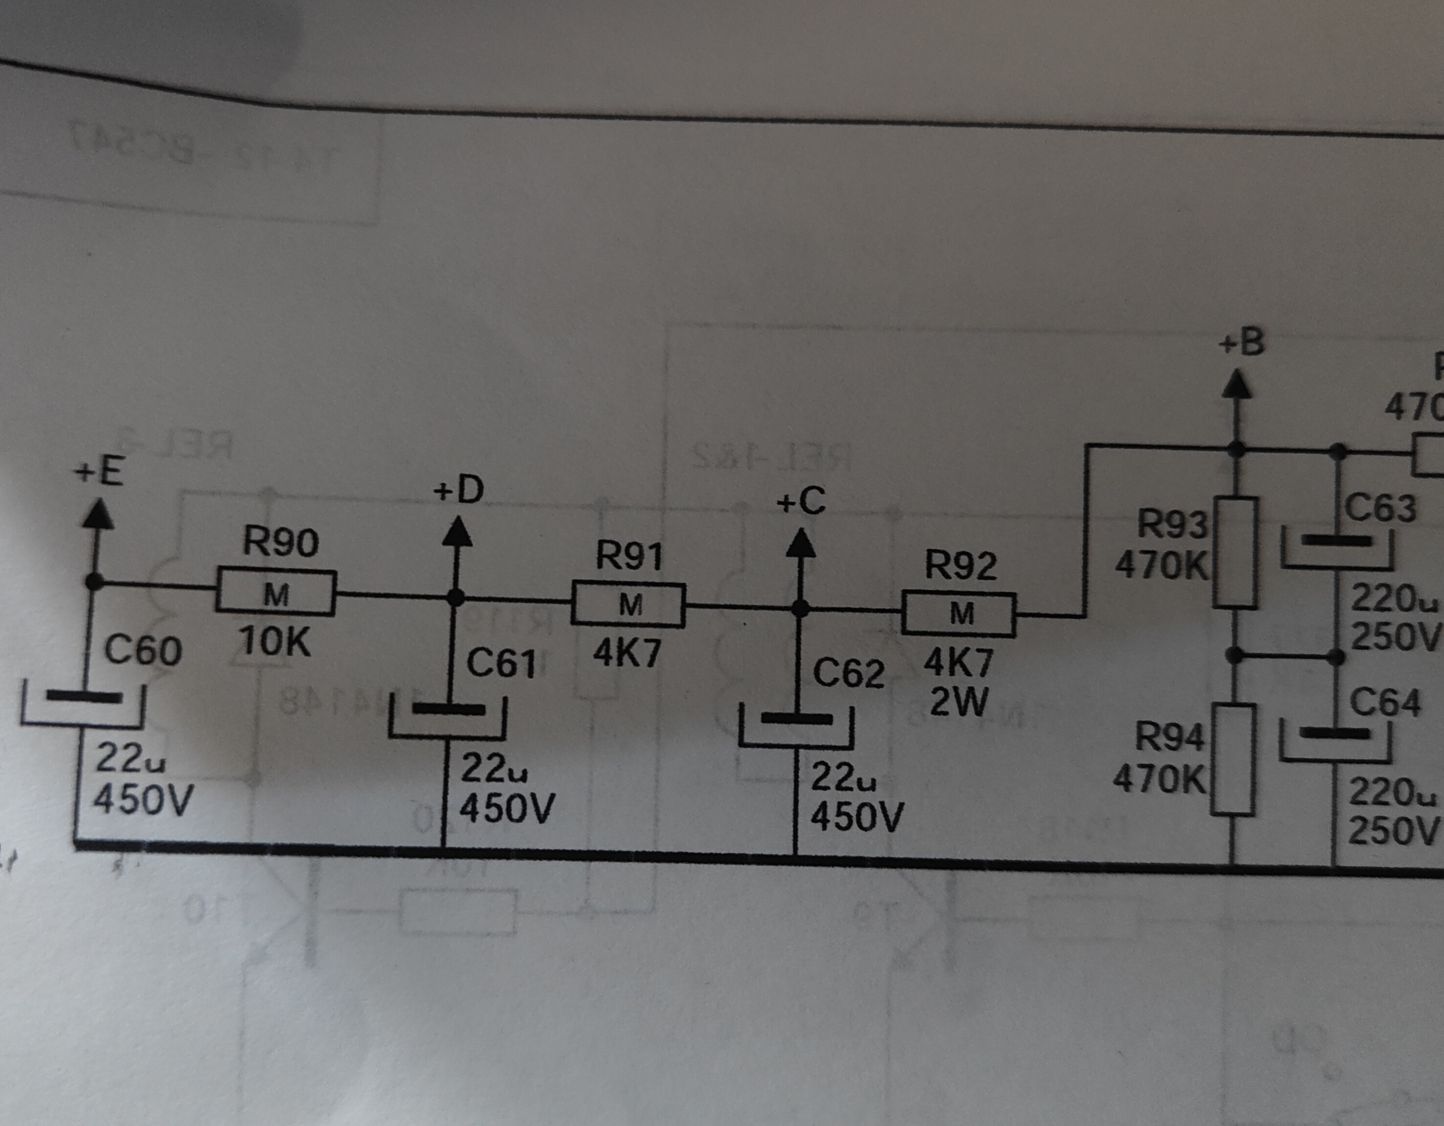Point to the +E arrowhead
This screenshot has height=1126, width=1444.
pos(97,514)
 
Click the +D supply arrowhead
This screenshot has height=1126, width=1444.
pos(456,532)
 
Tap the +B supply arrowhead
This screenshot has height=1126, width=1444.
pos(1236,384)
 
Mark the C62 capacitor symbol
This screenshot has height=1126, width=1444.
pos(796,727)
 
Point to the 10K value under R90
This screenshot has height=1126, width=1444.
pos(274,641)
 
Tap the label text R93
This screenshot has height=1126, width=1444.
pos(1172,524)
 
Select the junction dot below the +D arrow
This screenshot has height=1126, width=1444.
pos(456,597)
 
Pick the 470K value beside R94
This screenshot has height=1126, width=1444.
pos(1159,779)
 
